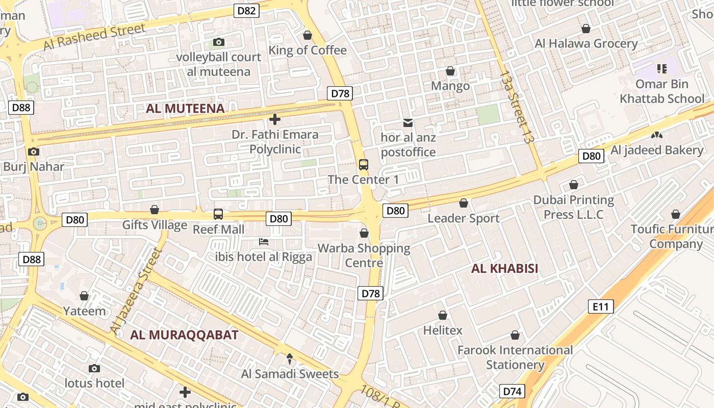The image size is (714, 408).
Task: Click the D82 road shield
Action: coord(247,11)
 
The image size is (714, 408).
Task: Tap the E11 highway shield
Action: coord(601,307)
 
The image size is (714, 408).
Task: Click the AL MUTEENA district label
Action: coord(185,109)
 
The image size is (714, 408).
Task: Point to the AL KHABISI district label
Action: coord(504,269)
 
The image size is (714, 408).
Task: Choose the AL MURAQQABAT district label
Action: coord(184,335)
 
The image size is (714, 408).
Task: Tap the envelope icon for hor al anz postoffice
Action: coord(408,123)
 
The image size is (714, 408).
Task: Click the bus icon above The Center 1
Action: coord(363,165)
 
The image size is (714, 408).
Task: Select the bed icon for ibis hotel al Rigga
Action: coord(264,242)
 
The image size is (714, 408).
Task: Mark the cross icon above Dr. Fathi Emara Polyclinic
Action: coord(275,120)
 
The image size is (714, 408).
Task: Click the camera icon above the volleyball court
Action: coord(219,42)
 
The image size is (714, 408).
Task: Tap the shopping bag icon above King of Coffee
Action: coord(308,35)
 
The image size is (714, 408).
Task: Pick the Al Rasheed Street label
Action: coord(94,37)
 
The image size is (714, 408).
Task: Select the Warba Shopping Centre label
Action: coord(364,256)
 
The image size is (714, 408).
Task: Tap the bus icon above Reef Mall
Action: coord(218,214)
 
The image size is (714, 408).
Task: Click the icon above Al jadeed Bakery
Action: coord(657,135)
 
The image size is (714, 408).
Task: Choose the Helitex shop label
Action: coord(443,330)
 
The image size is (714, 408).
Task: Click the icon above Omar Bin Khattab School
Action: coord(662,68)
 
